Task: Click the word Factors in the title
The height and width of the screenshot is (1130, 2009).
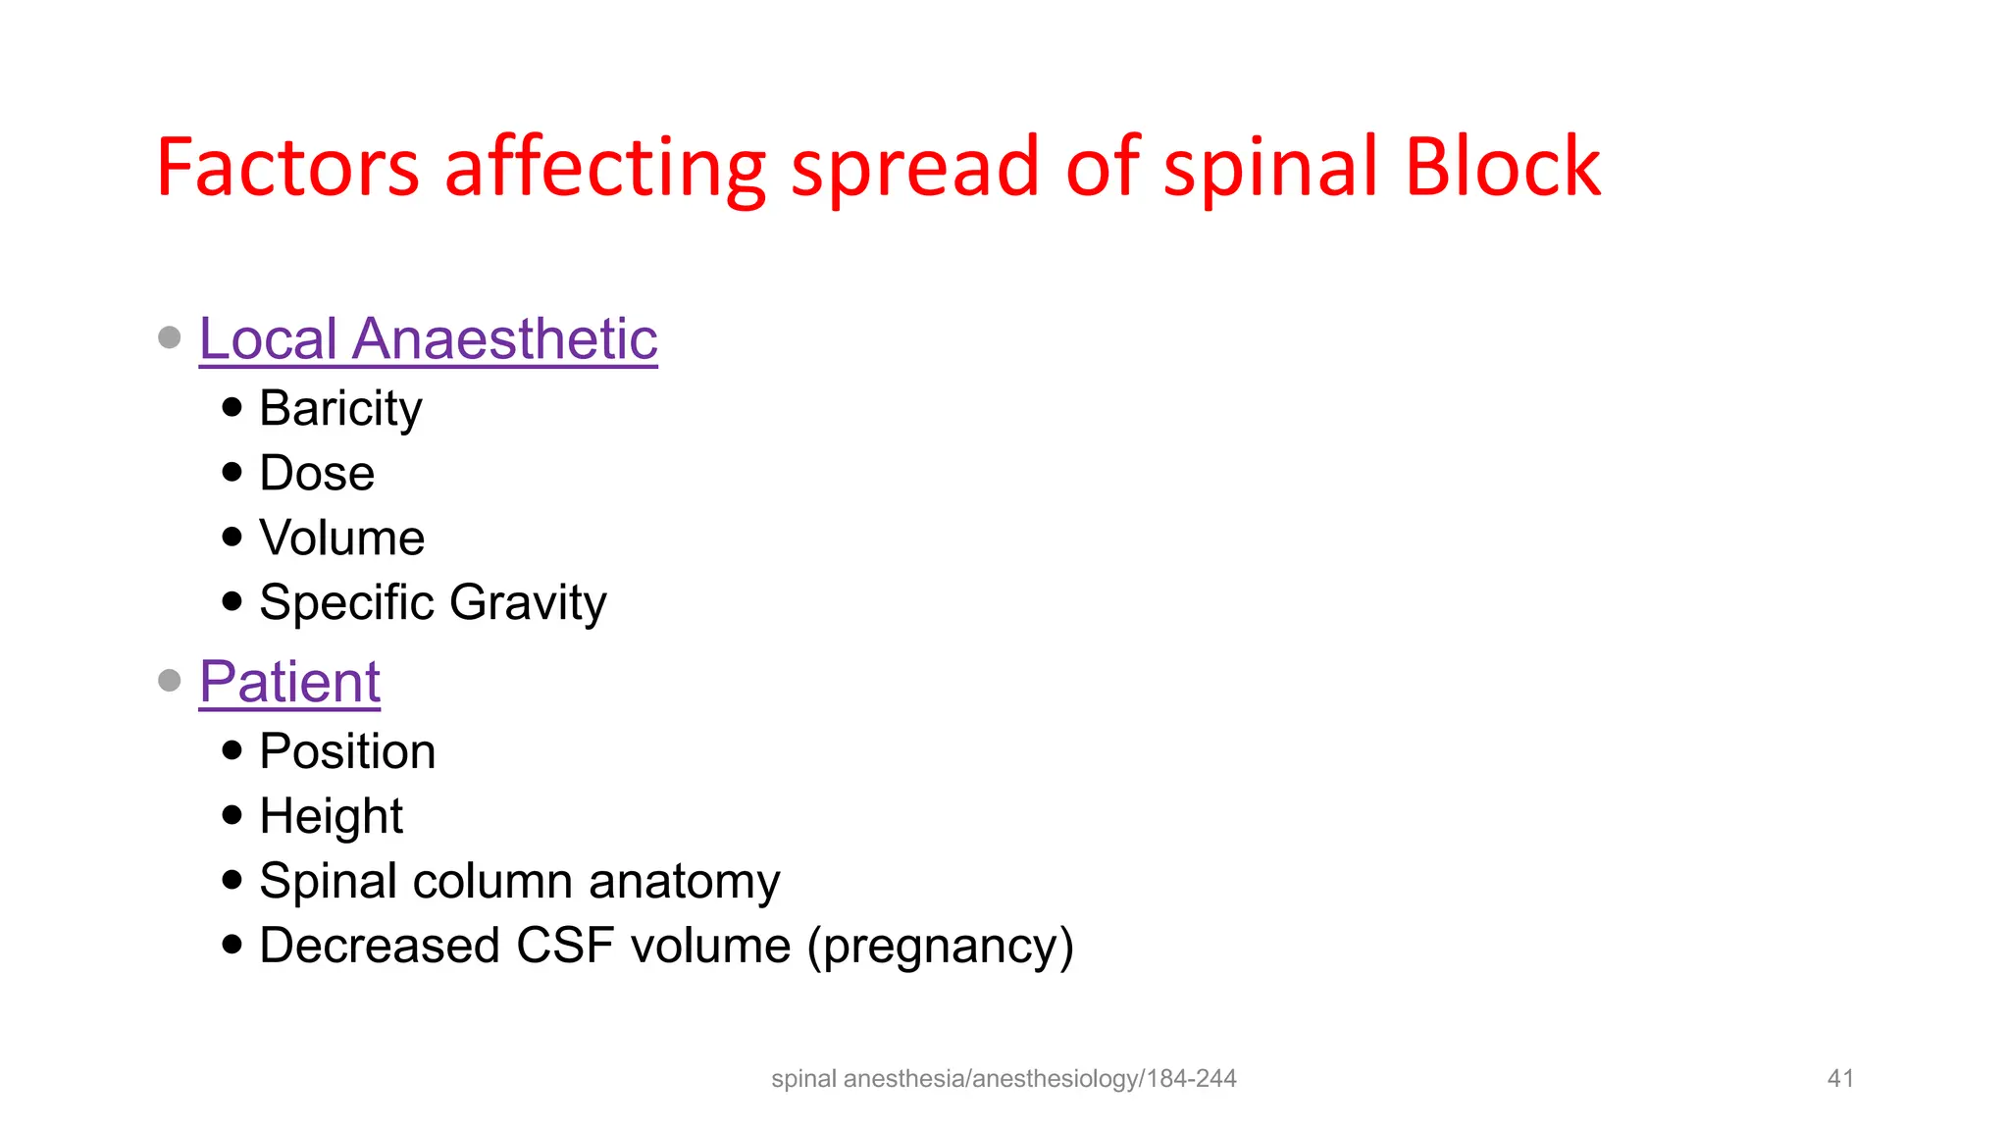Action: click(x=288, y=168)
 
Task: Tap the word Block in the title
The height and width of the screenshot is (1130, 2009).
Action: click(x=1503, y=166)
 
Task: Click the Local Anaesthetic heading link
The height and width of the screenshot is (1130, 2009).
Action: click(x=428, y=339)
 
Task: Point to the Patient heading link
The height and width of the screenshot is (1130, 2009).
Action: click(x=289, y=682)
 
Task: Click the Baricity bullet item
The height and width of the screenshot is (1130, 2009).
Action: click(x=340, y=409)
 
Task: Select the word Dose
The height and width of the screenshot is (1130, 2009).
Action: click(x=317, y=474)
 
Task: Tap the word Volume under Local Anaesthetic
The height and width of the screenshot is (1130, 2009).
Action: click(x=341, y=539)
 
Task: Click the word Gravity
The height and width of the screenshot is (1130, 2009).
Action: click(x=529, y=603)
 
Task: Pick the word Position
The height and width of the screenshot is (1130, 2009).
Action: click(x=347, y=752)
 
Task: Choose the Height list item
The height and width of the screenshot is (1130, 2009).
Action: click(x=332, y=817)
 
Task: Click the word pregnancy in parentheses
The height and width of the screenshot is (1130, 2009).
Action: click(x=941, y=948)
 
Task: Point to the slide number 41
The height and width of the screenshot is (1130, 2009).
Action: click(x=1840, y=1079)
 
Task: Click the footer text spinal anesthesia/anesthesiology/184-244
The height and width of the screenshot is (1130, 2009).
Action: click(x=1004, y=1079)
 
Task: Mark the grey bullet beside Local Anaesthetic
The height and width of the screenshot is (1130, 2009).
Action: click(x=170, y=337)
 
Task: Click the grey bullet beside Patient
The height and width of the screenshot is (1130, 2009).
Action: click(x=170, y=680)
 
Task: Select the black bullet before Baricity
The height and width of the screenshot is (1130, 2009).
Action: click(x=232, y=407)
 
